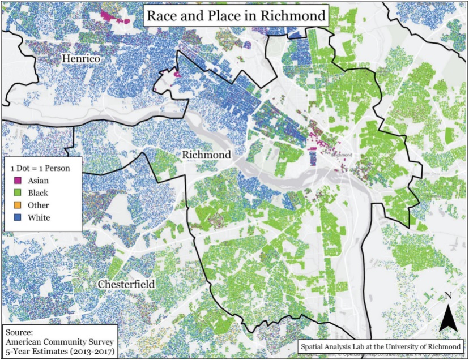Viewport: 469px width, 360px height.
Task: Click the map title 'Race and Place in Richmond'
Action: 236,15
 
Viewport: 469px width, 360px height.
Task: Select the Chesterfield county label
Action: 125,283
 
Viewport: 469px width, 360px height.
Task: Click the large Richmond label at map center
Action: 206,155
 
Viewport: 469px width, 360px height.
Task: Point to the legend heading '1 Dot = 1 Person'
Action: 43,168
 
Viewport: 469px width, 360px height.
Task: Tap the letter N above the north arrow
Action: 448,296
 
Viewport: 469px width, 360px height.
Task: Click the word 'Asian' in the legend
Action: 39,181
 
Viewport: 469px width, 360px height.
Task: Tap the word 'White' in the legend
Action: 39,218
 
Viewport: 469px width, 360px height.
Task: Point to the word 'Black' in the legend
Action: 39,193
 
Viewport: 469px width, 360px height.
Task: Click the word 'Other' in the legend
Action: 39,205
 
